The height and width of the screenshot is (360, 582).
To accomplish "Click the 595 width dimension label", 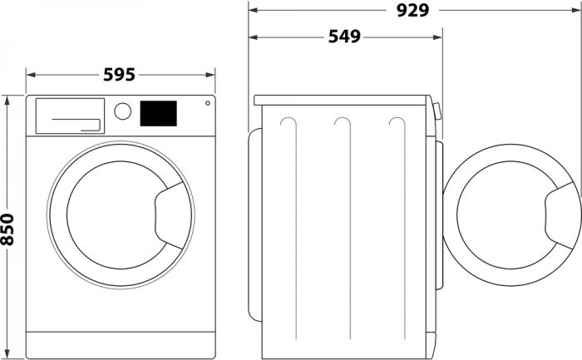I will click(119, 75).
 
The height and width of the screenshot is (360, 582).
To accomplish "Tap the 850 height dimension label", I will click(9, 229).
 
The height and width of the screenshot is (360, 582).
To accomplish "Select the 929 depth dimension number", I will click(412, 10).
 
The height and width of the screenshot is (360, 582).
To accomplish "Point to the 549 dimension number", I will click(344, 37).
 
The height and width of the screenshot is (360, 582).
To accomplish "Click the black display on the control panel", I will click(158, 114).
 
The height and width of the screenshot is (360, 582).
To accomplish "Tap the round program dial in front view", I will click(123, 111).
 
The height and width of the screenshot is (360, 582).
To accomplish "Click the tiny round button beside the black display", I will click(205, 104).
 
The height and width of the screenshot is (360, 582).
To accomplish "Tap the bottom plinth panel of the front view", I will click(121, 343).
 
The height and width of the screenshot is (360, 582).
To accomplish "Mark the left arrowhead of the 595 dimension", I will click(29, 74).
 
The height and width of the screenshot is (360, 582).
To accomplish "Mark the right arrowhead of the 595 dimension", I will click(213, 74).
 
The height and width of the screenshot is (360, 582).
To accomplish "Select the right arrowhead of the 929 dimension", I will click(578, 10).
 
